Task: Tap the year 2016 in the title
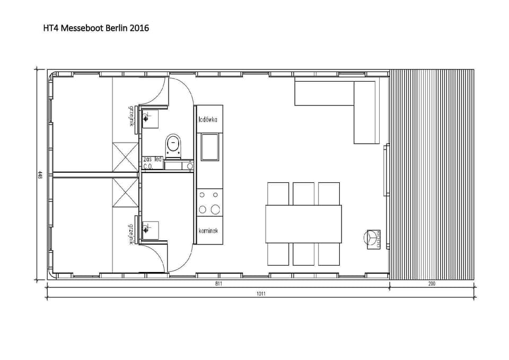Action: pyautogui.click(x=138, y=28)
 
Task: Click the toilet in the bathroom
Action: pyautogui.click(x=173, y=145)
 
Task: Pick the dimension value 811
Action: pyautogui.click(x=218, y=284)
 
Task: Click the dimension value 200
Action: pyautogui.click(x=431, y=284)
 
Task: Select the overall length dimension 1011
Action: pyautogui.click(x=260, y=294)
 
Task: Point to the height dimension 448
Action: pyautogui.click(x=40, y=175)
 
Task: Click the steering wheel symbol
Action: pyautogui.click(x=373, y=239)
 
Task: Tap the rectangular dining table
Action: pyautogui.click(x=303, y=224)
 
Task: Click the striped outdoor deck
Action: pyautogui.click(x=432, y=175)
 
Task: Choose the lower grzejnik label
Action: pyautogui.click(x=130, y=233)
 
